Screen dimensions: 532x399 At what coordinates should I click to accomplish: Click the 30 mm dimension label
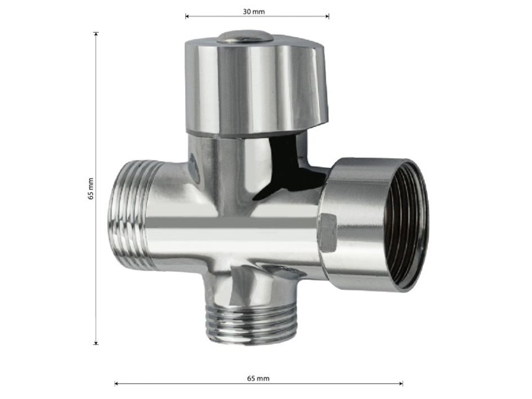[253, 11]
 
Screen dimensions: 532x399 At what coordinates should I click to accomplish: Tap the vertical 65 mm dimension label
[91, 189]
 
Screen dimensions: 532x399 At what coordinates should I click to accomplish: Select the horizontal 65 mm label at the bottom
[258, 378]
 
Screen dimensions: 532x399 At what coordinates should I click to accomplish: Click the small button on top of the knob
[245, 37]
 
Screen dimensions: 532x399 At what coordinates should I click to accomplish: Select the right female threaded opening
[405, 226]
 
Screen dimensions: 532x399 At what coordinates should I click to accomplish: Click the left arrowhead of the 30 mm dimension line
[187, 16]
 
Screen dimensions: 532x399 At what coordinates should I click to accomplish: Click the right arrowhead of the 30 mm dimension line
[327, 16]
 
